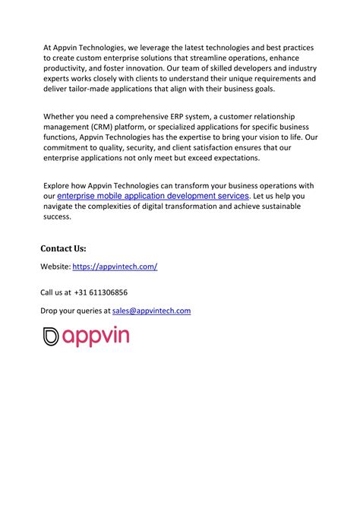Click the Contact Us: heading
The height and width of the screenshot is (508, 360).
(x=63, y=248)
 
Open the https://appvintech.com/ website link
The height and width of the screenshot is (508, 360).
(x=115, y=267)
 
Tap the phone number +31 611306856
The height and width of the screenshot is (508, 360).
(x=101, y=292)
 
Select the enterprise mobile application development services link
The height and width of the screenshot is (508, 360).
(x=153, y=196)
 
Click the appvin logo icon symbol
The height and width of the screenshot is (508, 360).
(x=52, y=336)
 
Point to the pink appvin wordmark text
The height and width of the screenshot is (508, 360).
(x=96, y=337)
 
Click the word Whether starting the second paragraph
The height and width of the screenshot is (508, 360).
(x=58, y=115)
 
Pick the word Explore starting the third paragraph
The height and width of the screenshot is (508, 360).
(x=57, y=185)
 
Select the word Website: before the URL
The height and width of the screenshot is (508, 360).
(x=55, y=267)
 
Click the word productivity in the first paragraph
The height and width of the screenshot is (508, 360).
(x=65, y=68)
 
